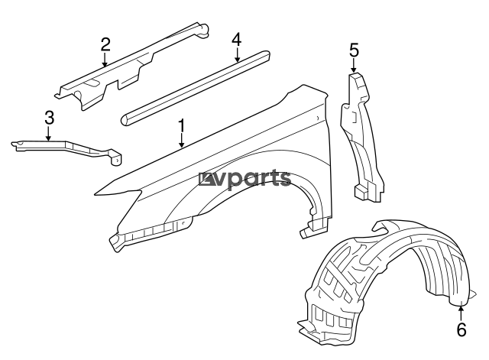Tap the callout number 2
coord(105,44)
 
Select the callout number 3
coord(49,118)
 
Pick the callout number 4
coord(236,40)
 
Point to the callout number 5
coord(354,50)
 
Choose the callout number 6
coord(461,329)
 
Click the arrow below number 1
coord(181,141)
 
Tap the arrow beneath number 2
coord(105,60)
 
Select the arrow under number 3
coord(48,133)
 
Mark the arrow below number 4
coord(238,54)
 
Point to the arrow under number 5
coord(354,66)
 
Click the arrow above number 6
coord(461,313)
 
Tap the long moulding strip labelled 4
coord(195,88)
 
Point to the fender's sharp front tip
coord(95,195)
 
